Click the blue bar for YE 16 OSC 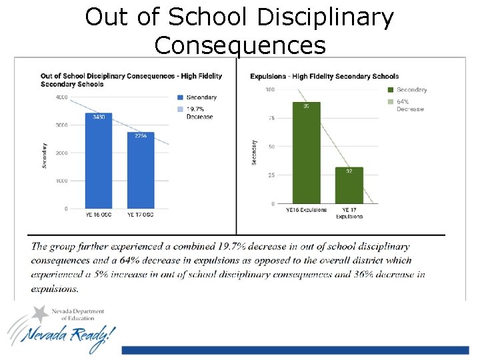[x=98, y=163]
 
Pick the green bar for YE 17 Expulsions [x=349, y=187]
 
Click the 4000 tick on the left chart [x=61, y=97]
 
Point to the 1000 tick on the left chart [x=61, y=181]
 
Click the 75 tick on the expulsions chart [x=270, y=118]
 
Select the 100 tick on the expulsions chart [x=269, y=89]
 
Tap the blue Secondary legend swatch [x=181, y=97]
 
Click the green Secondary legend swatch [x=391, y=89]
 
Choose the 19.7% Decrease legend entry [x=199, y=113]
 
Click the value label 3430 [x=98, y=117]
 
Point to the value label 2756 [x=141, y=136]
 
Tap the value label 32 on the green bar [x=349, y=171]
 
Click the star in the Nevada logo [x=42, y=313]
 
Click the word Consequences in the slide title [x=239, y=45]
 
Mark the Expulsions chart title [x=324, y=77]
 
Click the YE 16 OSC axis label [x=99, y=215]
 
